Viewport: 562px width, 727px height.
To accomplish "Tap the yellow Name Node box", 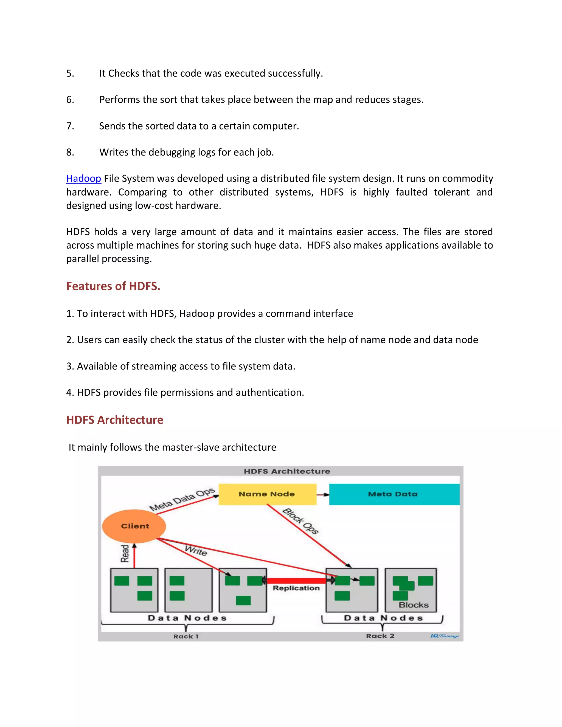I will (x=267, y=494).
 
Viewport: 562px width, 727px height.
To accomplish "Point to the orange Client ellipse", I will (x=134, y=526).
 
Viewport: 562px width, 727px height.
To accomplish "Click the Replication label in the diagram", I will (x=296, y=588).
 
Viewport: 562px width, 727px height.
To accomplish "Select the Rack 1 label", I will (x=186, y=636).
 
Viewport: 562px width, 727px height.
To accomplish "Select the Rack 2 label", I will (x=380, y=636).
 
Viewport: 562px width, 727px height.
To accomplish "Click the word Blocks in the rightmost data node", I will (x=414, y=605).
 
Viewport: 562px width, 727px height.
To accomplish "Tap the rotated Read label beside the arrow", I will (x=125, y=554).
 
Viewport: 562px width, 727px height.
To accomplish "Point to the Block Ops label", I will (x=300, y=521).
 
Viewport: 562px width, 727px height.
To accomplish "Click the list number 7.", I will (x=70, y=126).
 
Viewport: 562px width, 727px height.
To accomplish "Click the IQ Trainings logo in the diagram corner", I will (x=444, y=636).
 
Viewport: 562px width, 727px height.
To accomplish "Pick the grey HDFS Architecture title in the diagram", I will (x=287, y=471).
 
